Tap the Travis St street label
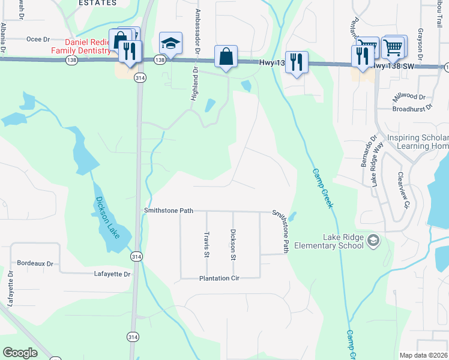pyautogui.click(x=206, y=244)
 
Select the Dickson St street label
pyautogui.click(x=233, y=244)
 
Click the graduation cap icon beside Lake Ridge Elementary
pyautogui.click(x=373, y=241)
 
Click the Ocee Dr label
pyautogui.click(x=38, y=39)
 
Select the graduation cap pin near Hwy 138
pyautogui.click(x=170, y=43)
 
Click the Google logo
pyautogui.click(x=20, y=353)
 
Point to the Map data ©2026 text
pyautogui.click(x=423, y=355)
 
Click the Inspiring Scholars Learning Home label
pyautogui.click(x=417, y=142)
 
